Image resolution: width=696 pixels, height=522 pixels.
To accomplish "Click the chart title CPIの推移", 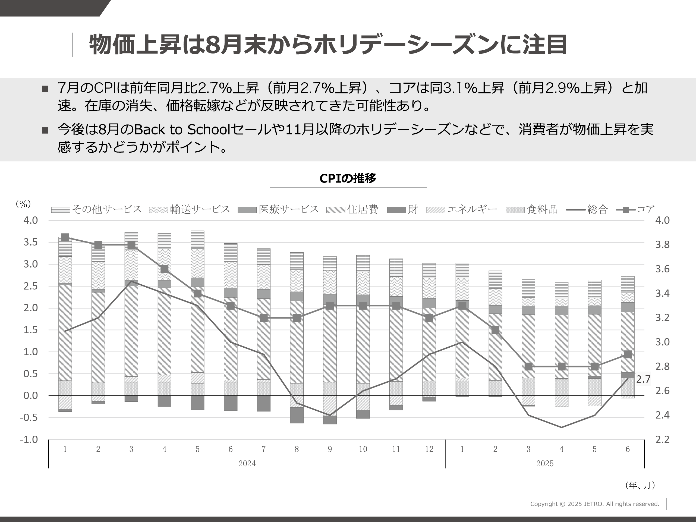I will click(348, 178).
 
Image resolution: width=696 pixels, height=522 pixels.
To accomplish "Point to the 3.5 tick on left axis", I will click(30, 242).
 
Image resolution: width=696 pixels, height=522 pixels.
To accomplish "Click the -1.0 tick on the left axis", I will click(29, 439).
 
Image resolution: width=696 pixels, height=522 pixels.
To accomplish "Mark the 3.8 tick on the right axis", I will click(662, 244).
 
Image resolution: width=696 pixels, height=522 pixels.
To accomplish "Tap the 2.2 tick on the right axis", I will click(662, 439).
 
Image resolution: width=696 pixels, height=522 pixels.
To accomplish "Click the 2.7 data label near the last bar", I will click(643, 379).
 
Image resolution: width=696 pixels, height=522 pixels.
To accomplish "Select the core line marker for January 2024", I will click(65, 238).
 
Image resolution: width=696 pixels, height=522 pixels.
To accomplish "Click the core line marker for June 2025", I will click(627, 354).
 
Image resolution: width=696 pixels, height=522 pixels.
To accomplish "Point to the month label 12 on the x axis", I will click(429, 449).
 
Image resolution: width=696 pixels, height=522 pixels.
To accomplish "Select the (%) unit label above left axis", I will click(23, 204).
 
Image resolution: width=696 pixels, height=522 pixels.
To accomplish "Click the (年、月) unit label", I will click(640, 485).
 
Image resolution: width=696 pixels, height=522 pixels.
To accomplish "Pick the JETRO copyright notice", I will click(594, 504).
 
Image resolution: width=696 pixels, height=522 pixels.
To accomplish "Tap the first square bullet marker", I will click(45, 89).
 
